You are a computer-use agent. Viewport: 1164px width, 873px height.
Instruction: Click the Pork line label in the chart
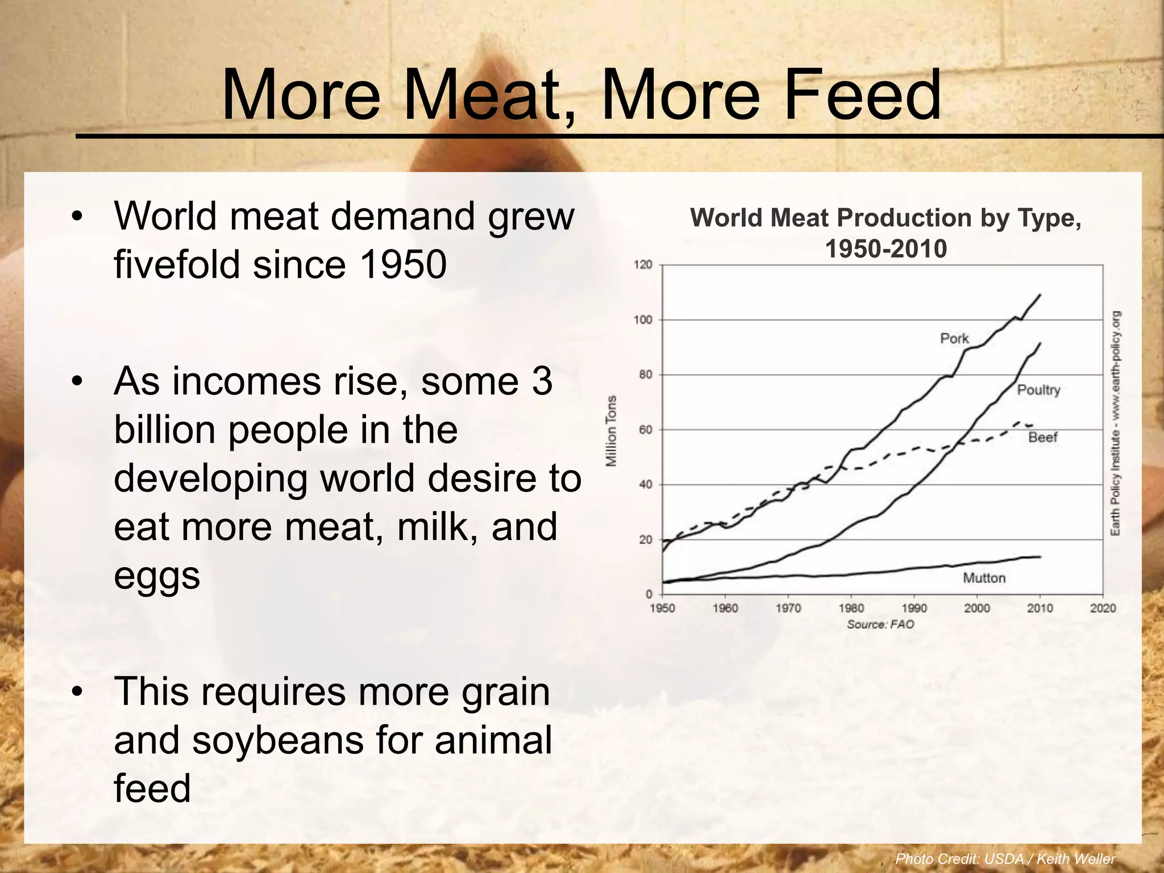click(954, 339)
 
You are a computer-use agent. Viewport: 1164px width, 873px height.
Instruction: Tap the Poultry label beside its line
click(1038, 390)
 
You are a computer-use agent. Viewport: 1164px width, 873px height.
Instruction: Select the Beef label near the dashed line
click(1042, 437)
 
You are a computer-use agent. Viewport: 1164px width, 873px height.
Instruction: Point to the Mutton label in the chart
click(984, 578)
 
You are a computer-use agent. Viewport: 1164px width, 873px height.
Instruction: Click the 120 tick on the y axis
click(643, 265)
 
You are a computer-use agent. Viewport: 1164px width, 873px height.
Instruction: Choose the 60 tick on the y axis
click(645, 430)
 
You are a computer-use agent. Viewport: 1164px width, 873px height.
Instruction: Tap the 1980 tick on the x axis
click(851, 608)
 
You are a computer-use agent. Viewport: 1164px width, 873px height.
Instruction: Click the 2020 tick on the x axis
click(1103, 608)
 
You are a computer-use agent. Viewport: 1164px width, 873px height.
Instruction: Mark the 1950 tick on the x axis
click(662, 608)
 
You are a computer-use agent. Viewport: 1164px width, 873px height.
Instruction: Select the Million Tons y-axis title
click(612, 430)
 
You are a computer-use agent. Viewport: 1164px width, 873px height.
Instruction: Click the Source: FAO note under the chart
click(880, 625)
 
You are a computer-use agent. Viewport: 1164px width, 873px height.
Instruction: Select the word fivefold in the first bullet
click(179, 265)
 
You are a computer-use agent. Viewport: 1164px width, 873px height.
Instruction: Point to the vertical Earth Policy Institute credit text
click(1115, 423)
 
